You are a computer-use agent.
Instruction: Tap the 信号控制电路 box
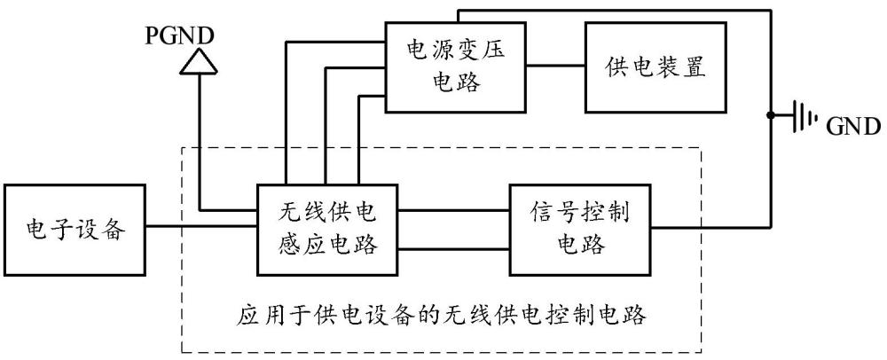(580, 229)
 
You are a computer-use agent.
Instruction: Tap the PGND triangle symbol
(197, 62)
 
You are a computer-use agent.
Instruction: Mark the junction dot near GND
(772, 116)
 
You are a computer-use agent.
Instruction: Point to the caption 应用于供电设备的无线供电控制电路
(442, 314)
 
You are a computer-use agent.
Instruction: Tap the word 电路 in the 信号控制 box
(581, 245)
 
